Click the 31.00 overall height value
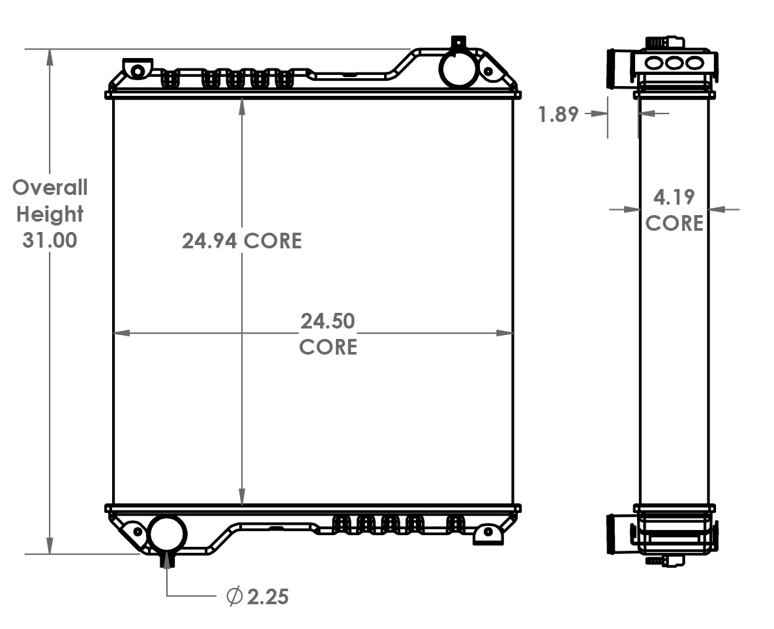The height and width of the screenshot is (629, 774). tap(50, 240)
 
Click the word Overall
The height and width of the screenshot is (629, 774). tap(50, 188)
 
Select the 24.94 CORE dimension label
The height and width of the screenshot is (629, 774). tap(242, 241)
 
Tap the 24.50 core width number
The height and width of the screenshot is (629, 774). tap(327, 321)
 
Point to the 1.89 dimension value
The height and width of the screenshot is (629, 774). tap(558, 114)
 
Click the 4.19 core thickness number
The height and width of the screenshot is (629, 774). tap(674, 196)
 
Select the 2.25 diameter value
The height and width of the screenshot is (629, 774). tap(268, 596)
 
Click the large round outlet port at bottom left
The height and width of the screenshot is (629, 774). tap(167, 533)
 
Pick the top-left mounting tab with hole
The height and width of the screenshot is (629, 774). tap(137, 68)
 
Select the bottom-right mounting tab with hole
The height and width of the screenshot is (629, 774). tap(488, 533)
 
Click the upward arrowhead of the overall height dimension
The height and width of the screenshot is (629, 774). tap(50, 56)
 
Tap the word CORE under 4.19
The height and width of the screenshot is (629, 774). tap(674, 223)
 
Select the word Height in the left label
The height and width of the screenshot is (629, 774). tap(50, 214)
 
